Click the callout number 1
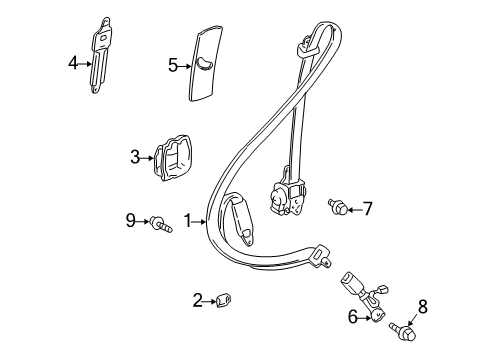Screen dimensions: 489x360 pyautogui.click(x=188, y=221)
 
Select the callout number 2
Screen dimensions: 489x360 pyautogui.click(x=198, y=300)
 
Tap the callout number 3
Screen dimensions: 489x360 pyautogui.click(x=135, y=157)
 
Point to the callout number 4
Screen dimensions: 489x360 pyautogui.click(x=73, y=63)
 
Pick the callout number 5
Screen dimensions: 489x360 pyautogui.click(x=173, y=65)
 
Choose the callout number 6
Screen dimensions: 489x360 pyautogui.click(x=353, y=317)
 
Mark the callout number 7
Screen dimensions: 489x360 pyautogui.click(x=367, y=209)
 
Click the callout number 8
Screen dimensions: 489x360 pyautogui.click(x=422, y=307)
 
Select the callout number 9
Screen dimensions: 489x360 pyautogui.click(x=131, y=220)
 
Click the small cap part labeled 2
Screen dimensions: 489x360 pyautogui.click(x=224, y=300)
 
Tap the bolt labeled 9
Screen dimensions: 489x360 pyautogui.click(x=161, y=224)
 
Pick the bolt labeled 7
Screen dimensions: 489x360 pyautogui.click(x=338, y=206)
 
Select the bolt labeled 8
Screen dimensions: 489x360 pyautogui.click(x=404, y=330)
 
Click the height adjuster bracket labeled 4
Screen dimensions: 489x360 pyautogui.click(x=100, y=55)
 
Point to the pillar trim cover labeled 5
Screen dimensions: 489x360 pyautogui.click(x=205, y=63)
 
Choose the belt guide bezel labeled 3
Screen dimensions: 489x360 pyautogui.click(x=173, y=158)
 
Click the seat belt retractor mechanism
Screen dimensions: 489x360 pyautogui.click(x=287, y=196)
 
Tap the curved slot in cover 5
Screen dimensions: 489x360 pyautogui.click(x=204, y=63)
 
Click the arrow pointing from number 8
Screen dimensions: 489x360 pyautogui.click(x=413, y=319)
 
